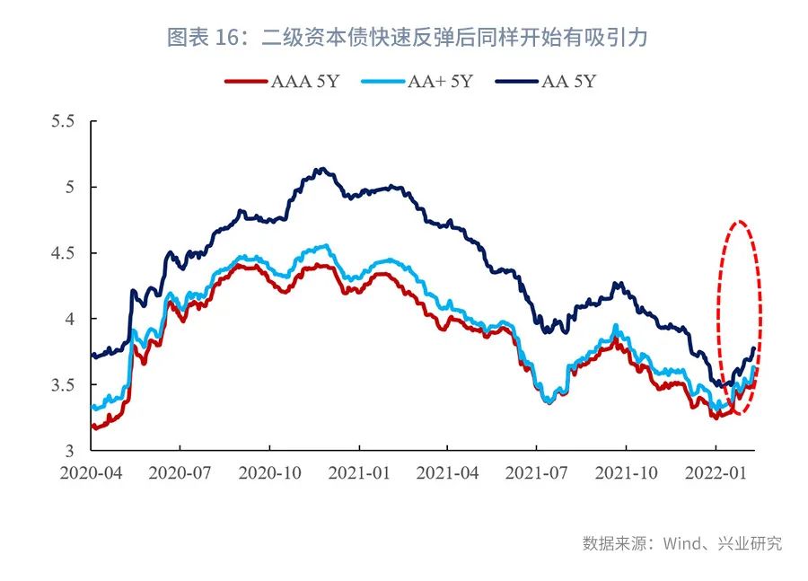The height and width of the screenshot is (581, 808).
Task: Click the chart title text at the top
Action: tap(407, 37)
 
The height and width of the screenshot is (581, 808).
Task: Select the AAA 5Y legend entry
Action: tap(285, 82)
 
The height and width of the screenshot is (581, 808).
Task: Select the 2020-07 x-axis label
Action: tap(180, 471)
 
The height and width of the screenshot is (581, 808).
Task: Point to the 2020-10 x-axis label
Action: tap(268, 471)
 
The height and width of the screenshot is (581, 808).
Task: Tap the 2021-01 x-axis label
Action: tap(358, 471)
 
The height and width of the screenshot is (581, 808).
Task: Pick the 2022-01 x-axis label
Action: tap(715, 471)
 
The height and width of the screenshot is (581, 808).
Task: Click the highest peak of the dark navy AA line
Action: tap(321, 169)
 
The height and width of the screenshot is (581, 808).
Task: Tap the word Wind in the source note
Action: tap(681, 543)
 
